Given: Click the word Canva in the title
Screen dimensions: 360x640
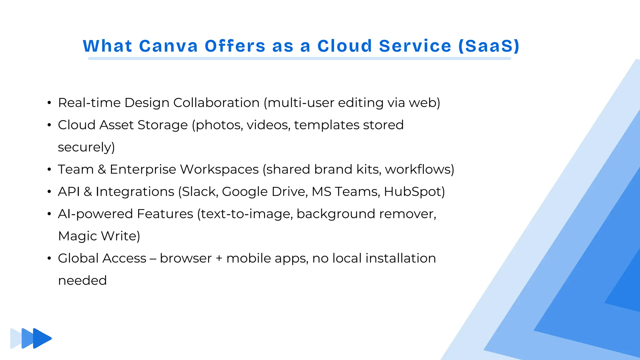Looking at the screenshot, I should [168, 46].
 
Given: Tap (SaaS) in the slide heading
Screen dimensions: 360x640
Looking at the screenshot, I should [489, 46].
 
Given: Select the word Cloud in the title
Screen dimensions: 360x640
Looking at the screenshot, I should [345, 46].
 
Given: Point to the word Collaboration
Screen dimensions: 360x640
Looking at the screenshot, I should [216, 103].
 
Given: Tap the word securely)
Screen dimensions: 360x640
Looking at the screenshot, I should [86, 147].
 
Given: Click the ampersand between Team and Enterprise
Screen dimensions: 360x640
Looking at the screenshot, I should [102, 169].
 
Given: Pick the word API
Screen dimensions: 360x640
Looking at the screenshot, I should [69, 192].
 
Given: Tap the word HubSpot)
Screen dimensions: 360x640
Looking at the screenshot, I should [414, 192].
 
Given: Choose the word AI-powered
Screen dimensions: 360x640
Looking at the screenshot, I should [96, 214].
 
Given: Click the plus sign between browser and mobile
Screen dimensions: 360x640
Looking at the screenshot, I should [219, 258].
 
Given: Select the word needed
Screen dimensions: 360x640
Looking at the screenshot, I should [82, 280].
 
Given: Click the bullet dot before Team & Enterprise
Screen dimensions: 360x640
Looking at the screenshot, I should [49, 169].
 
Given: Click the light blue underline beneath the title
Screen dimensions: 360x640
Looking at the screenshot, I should [299, 58].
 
